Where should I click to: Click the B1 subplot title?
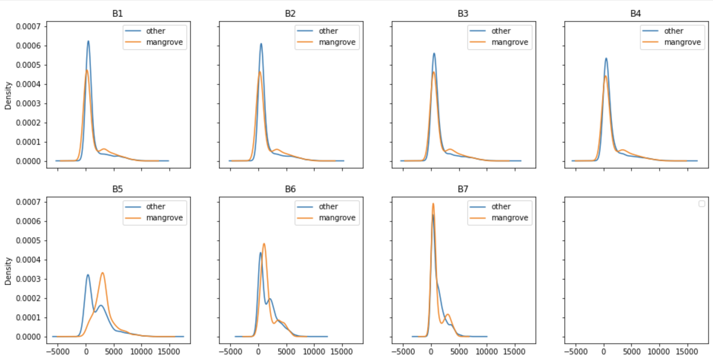coord(117,14)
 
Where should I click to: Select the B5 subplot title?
coord(117,189)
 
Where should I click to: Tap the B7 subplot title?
coord(463,189)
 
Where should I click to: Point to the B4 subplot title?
coord(636,14)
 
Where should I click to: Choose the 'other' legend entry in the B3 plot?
coord(501,31)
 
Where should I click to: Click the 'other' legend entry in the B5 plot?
coord(155,207)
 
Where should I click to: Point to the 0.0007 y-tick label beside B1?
coord(28,26)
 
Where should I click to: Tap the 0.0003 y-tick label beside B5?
coord(28,279)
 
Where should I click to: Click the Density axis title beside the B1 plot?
coord(8,96)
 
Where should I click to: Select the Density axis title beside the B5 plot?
coord(8,271)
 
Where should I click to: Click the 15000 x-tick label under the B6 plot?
coord(342,351)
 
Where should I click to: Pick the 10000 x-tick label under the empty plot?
coord(659,351)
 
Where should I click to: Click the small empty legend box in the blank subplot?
coord(702,204)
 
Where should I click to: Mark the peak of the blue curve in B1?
coord(88,41)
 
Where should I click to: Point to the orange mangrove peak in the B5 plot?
coord(103,273)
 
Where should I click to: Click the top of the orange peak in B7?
coord(433,203)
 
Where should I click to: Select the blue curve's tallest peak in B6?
coord(261,253)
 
